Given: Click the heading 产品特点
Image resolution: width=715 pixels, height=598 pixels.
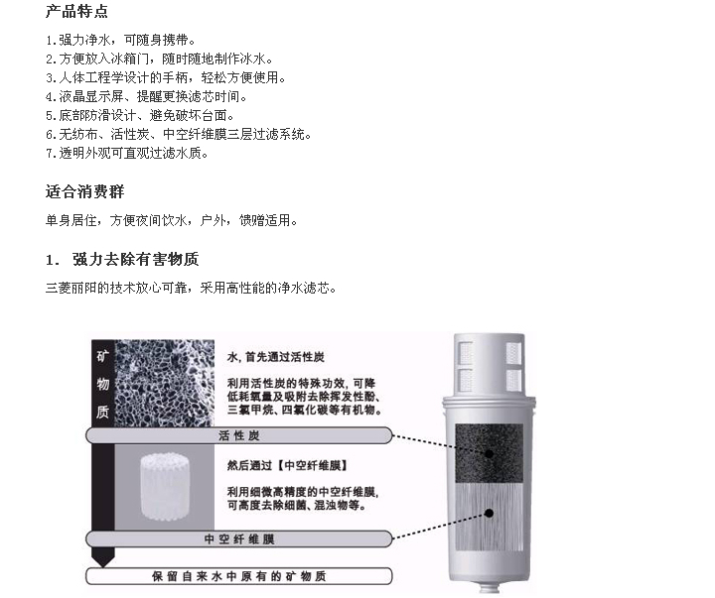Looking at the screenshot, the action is pos(76,11).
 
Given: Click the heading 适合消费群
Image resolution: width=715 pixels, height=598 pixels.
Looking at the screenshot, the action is pos(84,191).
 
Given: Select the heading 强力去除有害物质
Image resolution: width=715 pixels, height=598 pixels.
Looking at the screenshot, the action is pos(135,259).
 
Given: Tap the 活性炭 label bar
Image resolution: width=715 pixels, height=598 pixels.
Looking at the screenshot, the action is pos(239,435).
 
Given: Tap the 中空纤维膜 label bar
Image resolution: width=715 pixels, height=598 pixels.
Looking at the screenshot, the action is pos(239,539).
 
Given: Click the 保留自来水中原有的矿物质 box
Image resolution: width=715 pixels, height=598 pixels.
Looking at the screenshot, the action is pos(239,576).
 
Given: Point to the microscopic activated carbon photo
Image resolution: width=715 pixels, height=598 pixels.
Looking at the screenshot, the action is pos(164,384).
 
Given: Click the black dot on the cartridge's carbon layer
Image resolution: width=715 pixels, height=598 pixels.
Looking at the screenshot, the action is pos(489,453).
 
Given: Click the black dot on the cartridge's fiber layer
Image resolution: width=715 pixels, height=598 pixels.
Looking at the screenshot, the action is pos(489,514).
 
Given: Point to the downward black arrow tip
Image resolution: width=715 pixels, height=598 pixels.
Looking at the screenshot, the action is pos(103,566).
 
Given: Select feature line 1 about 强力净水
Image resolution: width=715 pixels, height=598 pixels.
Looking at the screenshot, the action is pos(121,40).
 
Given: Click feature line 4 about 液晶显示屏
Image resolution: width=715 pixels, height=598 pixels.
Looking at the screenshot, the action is pos(147,96).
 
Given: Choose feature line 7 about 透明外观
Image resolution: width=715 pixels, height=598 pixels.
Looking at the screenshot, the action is pos(127,153).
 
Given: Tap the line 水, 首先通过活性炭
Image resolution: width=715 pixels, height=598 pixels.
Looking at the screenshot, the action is pos(276,357).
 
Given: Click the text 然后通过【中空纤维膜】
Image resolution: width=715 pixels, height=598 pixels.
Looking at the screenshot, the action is pos(288,465).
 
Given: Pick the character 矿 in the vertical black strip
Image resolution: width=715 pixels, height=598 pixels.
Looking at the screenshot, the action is pos(102,356).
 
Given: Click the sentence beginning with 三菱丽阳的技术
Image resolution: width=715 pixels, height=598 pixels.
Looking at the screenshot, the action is pos(191,288).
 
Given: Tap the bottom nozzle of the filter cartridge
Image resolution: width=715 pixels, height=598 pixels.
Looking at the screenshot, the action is pos(490,587).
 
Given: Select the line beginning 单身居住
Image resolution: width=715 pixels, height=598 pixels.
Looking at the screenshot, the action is pos(172,220).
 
